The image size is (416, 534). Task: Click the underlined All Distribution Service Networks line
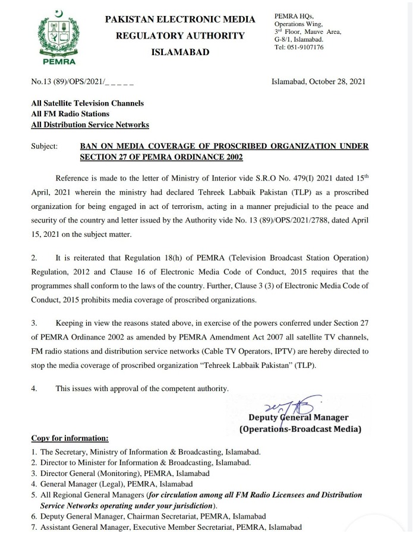pyautogui.click(x=90, y=125)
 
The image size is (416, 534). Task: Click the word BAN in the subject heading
pyautogui.click(x=88, y=146)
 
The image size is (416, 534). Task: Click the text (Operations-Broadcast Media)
pyautogui.click(x=300, y=428)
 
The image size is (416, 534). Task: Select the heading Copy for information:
pyautogui.click(x=70, y=439)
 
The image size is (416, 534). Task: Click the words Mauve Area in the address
pyautogui.click(x=322, y=31)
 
